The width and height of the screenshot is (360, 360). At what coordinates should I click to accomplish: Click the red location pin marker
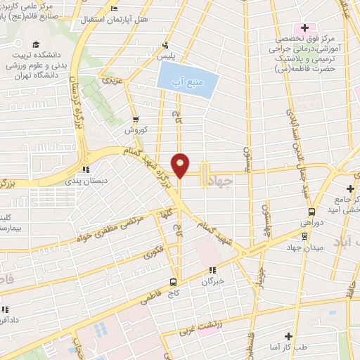click(x=181, y=164)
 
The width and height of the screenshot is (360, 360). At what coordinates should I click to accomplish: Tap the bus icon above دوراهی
click(x=311, y=211)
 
